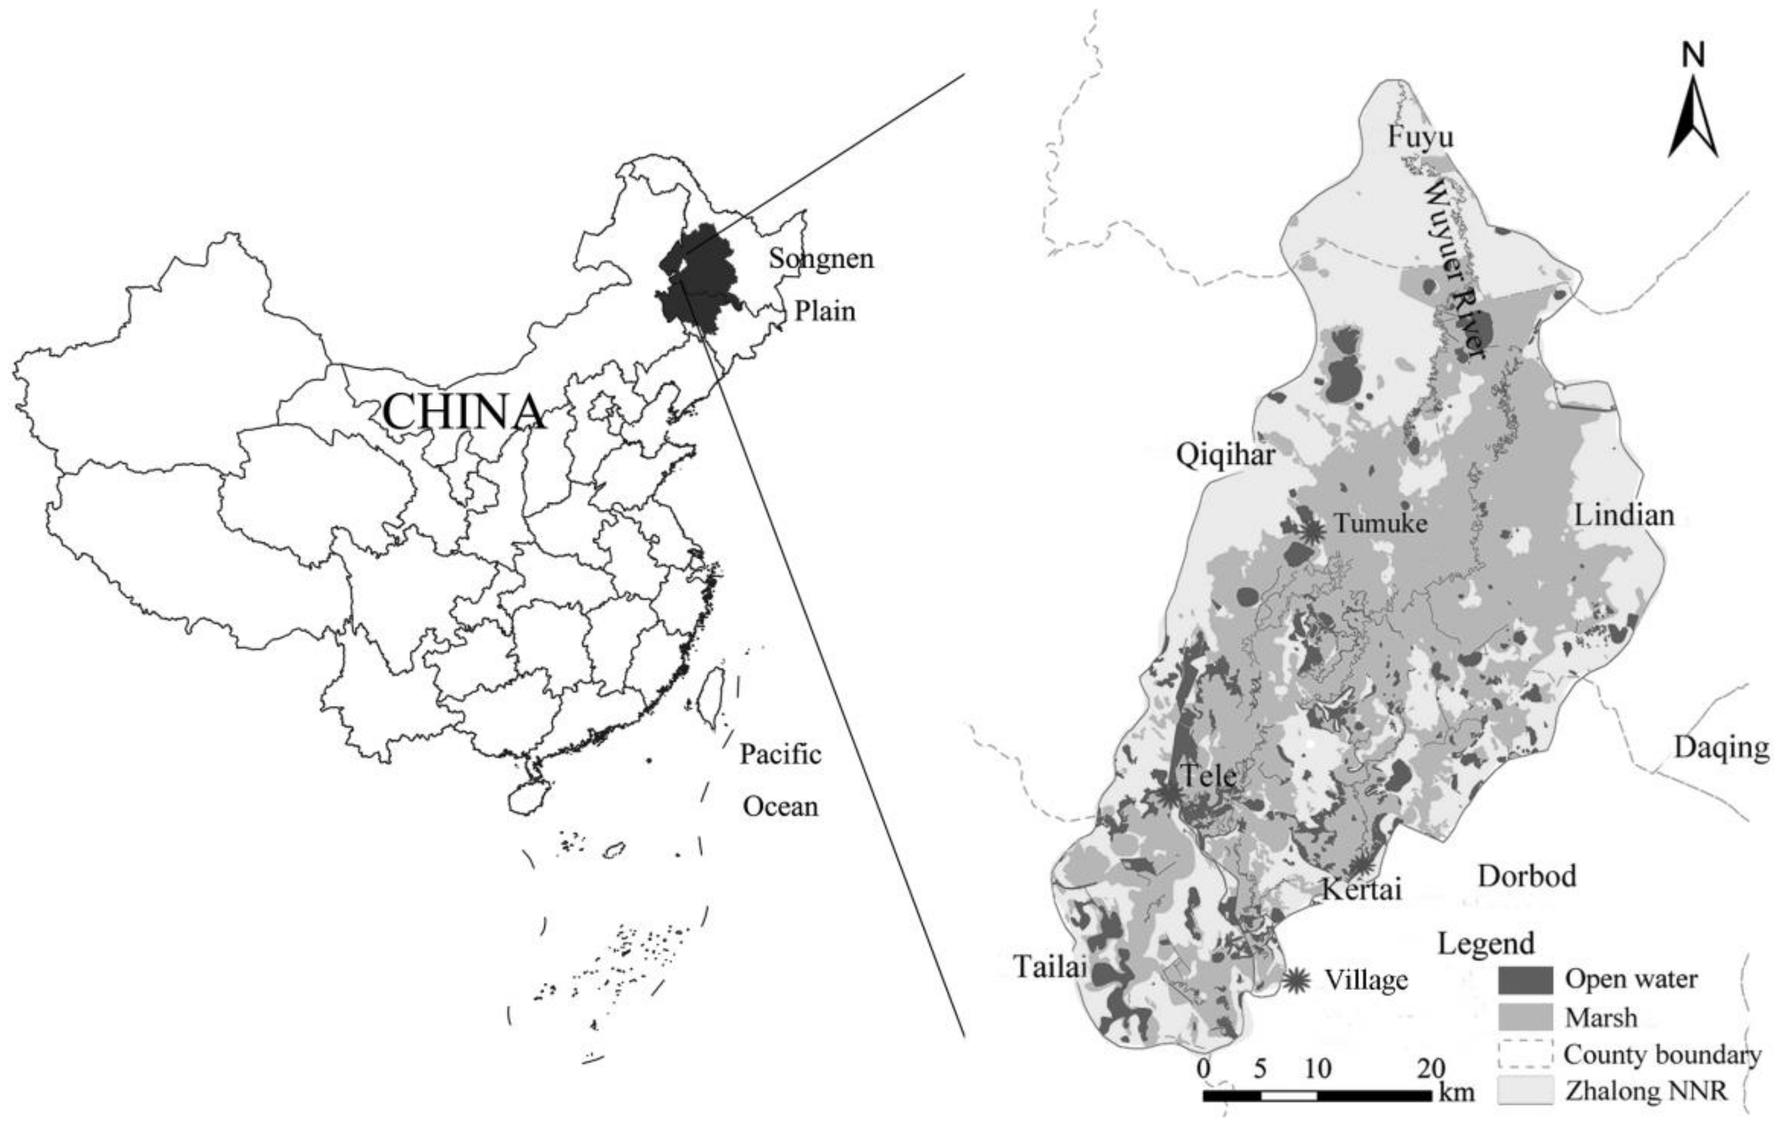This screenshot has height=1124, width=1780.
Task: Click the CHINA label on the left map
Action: [463, 412]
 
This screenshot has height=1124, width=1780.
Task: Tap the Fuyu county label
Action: [1420, 137]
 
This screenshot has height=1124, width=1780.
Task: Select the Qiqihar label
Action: [1226, 455]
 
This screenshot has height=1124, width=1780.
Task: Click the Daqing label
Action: [1721, 747]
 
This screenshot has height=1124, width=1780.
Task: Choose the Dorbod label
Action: [1527, 876]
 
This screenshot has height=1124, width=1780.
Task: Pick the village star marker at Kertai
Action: [1362, 864]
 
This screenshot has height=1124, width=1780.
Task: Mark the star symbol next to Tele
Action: [1169, 794]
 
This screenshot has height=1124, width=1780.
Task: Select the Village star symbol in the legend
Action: [1296, 980]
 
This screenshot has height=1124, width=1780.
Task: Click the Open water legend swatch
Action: [1525, 980]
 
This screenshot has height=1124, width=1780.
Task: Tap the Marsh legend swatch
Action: [1525, 1017]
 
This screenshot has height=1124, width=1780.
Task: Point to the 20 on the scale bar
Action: [1430, 1068]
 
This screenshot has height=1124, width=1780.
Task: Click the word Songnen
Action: [821, 258]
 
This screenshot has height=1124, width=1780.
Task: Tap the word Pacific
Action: [781, 754]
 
